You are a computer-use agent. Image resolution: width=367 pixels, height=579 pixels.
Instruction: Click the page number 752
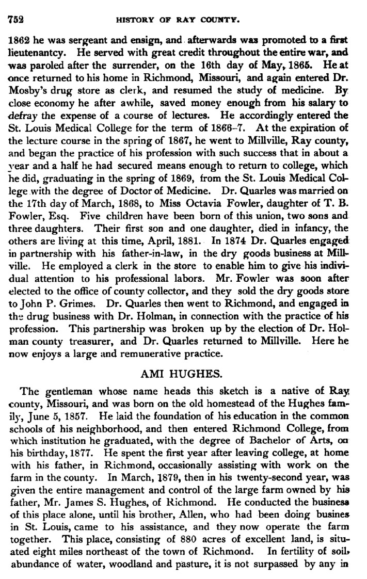[x=16, y=19]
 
